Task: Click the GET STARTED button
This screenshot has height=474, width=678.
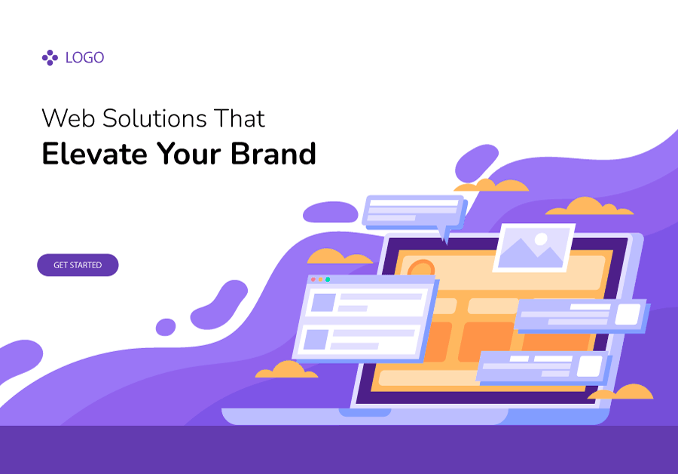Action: pyautogui.click(x=78, y=265)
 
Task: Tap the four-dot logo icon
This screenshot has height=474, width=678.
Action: pyautogui.click(x=50, y=57)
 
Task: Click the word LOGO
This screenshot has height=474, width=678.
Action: pyautogui.click(x=84, y=57)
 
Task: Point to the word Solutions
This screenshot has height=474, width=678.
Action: pyautogui.click(x=154, y=118)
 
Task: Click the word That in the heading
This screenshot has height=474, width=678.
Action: pyautogui.click(x=239, y=118)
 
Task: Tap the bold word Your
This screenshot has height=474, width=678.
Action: pyautogui.click(x=191, y=154)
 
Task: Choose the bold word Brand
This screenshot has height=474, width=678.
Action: pyautogui.click(x=274, y=154)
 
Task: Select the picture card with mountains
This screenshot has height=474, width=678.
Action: pyautogui.click(x=533, y=247)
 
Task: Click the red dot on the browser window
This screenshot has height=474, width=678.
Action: pyautogui.click(x=313, y=280)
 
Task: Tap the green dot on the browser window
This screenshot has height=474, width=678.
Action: pyautogui.click(x=327, y=280)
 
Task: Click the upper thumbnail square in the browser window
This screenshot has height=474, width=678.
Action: pyautogui.click(x=323, y=302)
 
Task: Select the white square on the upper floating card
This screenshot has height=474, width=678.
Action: pyautogui.click(x=627, y=314)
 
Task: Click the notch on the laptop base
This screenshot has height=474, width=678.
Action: pyautogui.click(x=365, y=411)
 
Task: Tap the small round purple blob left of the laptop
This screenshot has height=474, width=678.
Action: pyautogui.click(x=166, y=327)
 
